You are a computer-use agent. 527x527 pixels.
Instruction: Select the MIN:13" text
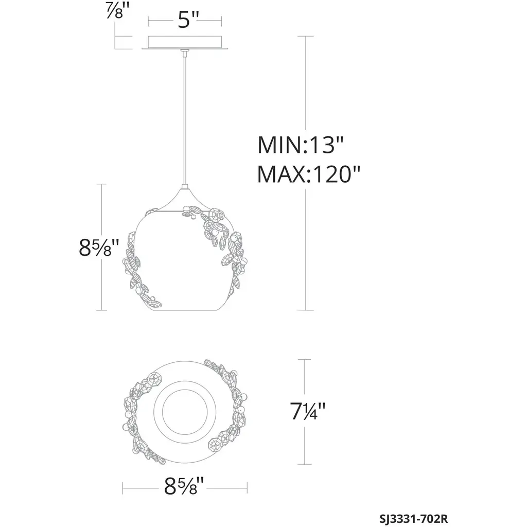tap(301, 145)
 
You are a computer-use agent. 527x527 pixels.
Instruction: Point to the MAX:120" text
tap(309, 174)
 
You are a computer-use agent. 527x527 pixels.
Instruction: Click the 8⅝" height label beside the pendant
tap(99, 248)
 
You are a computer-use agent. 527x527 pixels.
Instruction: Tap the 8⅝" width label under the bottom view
tap(184, 486)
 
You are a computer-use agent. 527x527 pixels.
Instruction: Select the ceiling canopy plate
tap(185, 42)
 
